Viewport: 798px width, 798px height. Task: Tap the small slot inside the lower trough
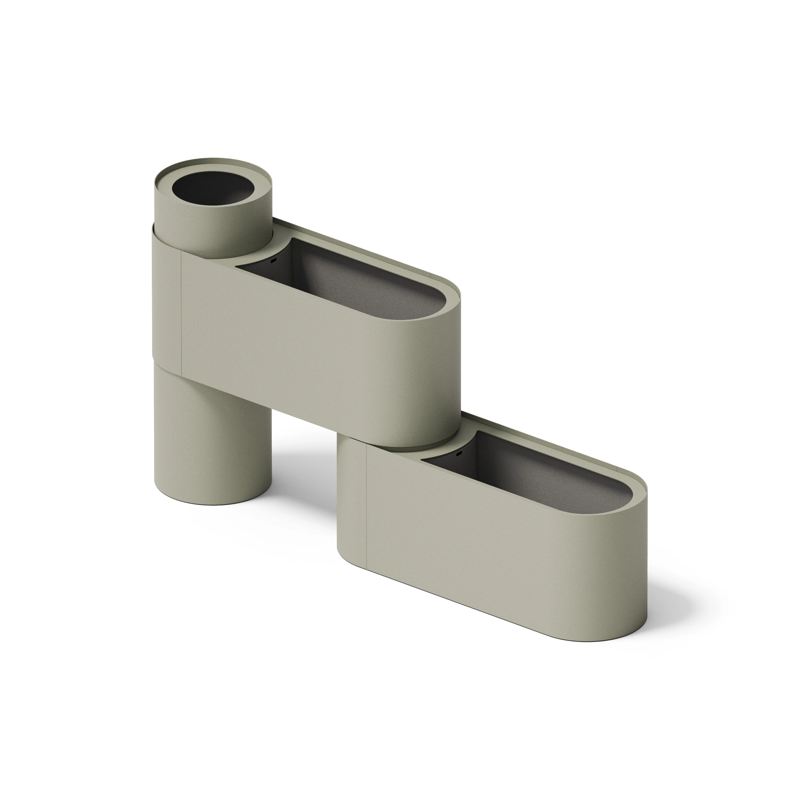[458, 454]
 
